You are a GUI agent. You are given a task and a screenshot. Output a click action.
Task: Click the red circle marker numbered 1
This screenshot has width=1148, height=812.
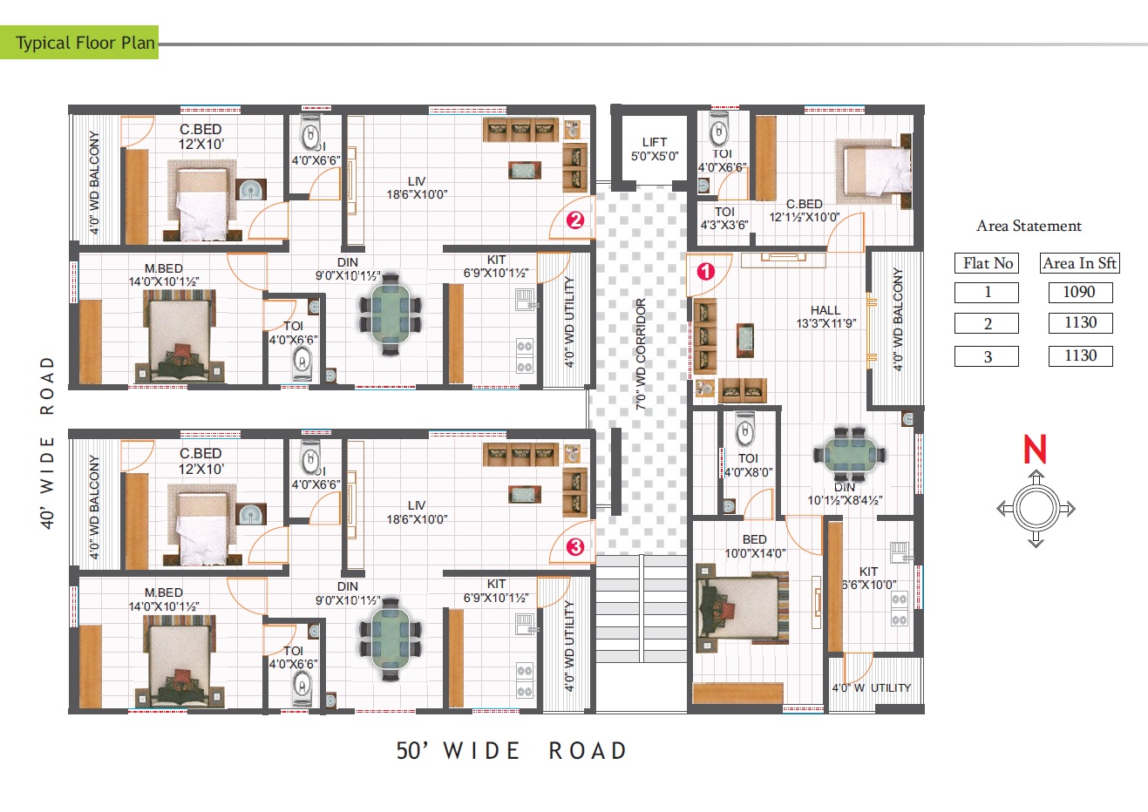point(706,271)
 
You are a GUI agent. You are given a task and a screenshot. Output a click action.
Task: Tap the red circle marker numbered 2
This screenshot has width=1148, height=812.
point(574,220)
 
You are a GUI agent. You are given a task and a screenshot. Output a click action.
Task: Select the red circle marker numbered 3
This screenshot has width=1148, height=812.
point(574,547)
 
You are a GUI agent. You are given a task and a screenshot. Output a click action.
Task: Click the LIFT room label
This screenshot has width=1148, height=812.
point(655,149)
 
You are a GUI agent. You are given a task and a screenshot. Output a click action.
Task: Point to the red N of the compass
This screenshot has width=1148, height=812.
point(1035,450)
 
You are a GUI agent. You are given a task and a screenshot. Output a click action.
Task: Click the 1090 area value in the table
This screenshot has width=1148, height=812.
point(1080,292)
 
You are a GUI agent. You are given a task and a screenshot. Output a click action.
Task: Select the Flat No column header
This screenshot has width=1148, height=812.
point(988,263)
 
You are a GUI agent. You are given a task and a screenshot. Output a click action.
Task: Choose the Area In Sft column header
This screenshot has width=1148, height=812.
point(1080,263)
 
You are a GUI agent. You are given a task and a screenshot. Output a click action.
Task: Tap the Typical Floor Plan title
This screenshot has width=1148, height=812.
point(85,43)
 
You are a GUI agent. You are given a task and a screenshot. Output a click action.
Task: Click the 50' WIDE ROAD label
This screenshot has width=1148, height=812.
point(512,751)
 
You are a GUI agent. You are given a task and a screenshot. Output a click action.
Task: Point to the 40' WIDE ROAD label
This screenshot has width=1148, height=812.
point(48,441)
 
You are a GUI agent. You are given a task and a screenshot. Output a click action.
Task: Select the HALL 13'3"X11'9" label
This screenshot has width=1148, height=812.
point(825,316)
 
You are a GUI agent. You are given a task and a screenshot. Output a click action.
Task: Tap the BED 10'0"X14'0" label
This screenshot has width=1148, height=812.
point(755,546)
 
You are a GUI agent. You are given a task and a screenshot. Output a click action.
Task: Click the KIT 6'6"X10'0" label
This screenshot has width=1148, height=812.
point(869,579)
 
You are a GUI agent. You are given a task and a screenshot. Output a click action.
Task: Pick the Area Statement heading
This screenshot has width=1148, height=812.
point(1029,226)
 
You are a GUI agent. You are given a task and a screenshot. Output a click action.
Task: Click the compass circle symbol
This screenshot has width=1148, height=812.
point(1035,508)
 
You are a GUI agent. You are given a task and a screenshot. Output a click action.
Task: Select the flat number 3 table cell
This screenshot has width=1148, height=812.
point(987,356)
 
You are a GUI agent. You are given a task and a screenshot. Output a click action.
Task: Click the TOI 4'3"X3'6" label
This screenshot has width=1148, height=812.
point(724,218)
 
